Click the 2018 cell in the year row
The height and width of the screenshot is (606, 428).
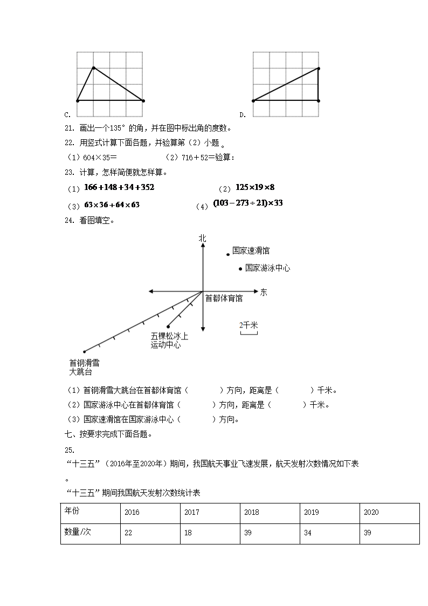point(270,513)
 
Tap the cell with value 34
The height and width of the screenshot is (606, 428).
point(329,533)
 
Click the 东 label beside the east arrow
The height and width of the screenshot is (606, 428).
point(264,292)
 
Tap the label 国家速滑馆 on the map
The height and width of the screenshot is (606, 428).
point(251,251)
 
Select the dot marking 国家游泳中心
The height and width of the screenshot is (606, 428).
point(240,268)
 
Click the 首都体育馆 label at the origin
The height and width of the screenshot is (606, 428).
point(224,298)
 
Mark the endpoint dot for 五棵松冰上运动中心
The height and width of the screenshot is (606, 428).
point(169,326)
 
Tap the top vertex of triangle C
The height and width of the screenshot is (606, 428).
point(94,68)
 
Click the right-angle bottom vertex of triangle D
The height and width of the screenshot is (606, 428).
point(318,100)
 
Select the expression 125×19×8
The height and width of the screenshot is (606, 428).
point(255,187)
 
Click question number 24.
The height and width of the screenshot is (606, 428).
point(68,220)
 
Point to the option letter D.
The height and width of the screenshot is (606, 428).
point(242,114)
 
